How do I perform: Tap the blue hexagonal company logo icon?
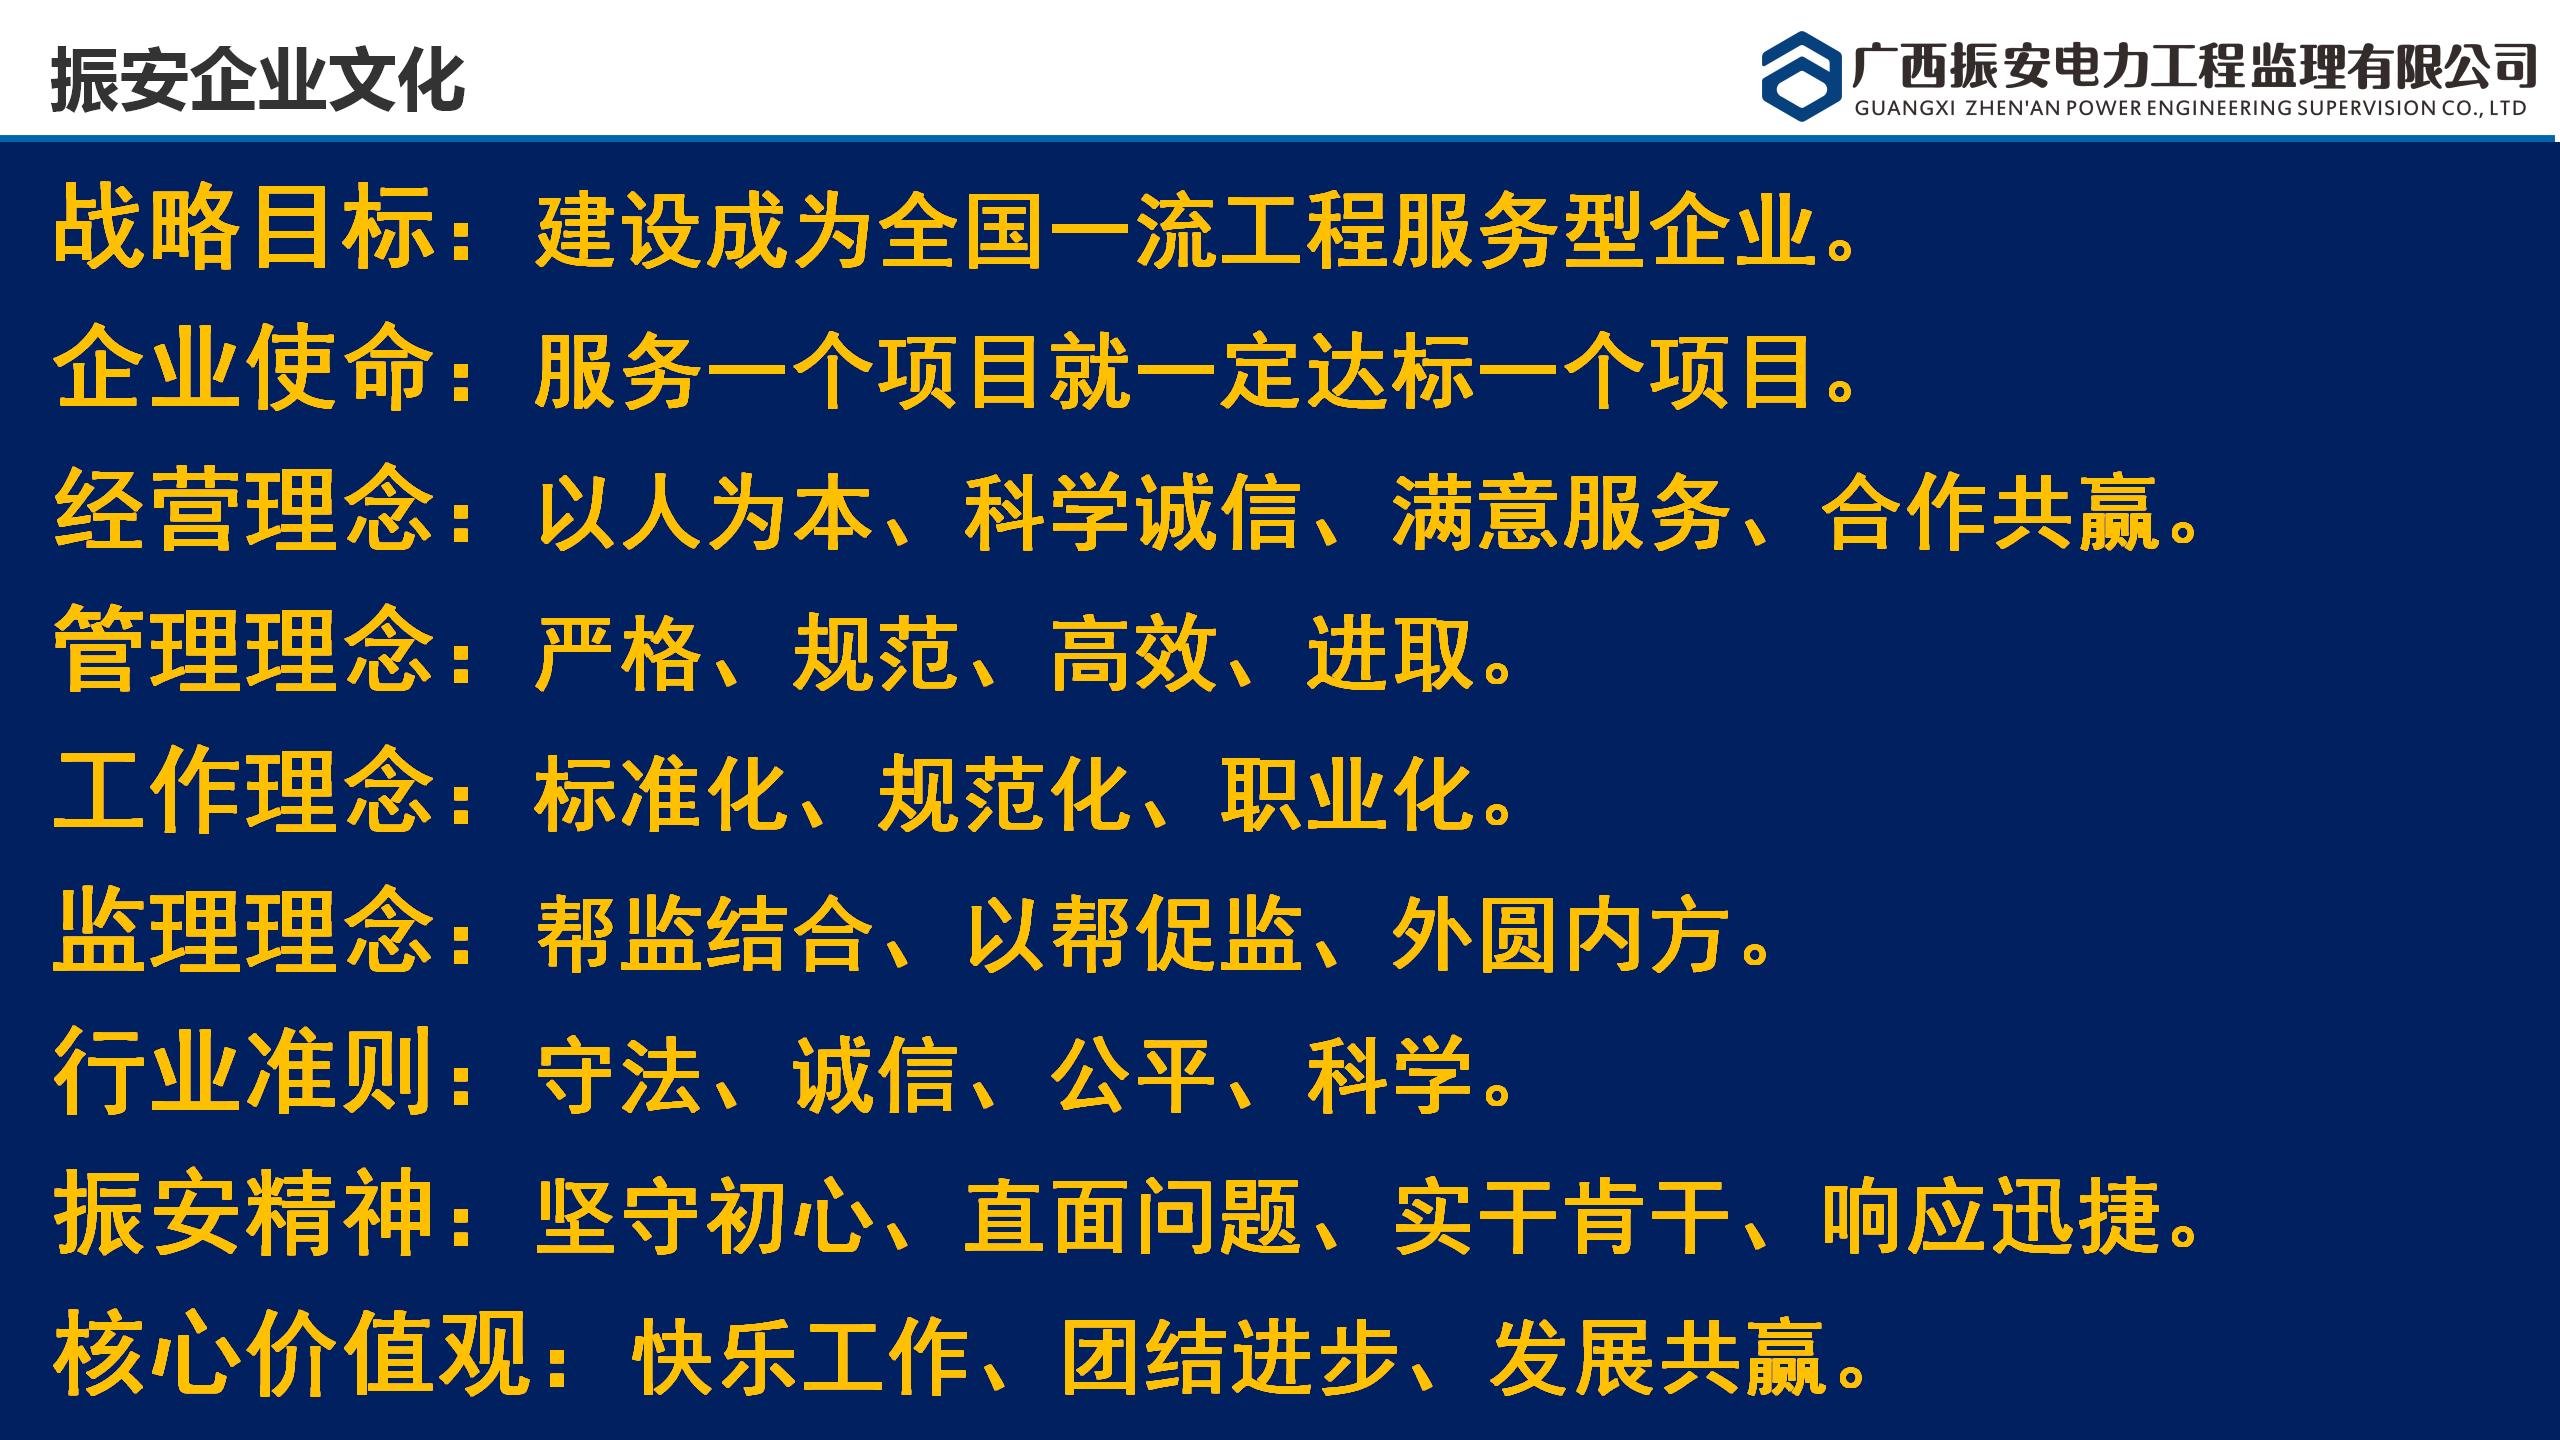click(1801, 76)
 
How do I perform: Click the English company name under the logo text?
click(2190, 108)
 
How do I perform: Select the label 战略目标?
click(245, 227)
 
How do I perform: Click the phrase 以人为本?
click(705, 512)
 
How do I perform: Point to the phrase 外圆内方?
click(1560, 935)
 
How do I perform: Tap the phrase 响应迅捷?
click(1990, 1217)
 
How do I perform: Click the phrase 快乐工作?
click(800, 1358)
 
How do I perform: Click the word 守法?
click(619, 1076)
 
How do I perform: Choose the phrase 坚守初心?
click(705, 1217)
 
